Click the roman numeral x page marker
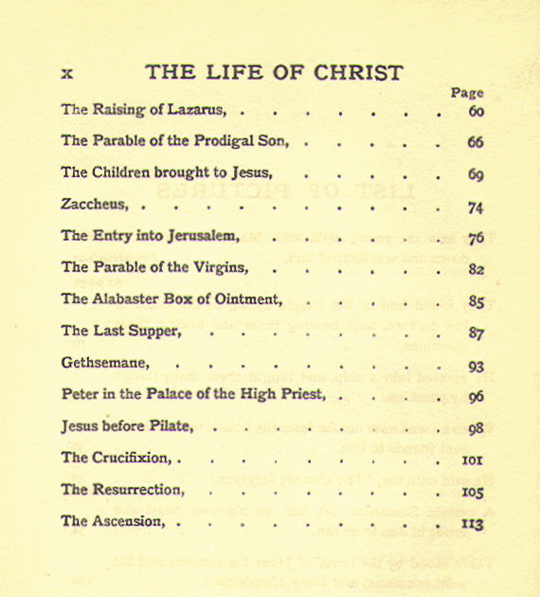coord(67,73)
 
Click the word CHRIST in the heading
coord(357,72)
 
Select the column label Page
coord(467,93)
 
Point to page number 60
coord(476,111)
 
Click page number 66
coord(476,143)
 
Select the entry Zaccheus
coord(97,205)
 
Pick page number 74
coord(476,208)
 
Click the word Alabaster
coord(128,299)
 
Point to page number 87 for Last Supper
coord(476,334)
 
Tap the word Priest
coord(301,394)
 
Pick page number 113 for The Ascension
coord(473,523)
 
